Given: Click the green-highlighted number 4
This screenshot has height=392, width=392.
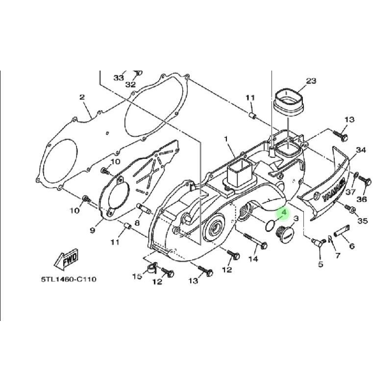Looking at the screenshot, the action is tap(284, 213).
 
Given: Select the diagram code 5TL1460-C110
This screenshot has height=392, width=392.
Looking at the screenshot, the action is tap(69, 279).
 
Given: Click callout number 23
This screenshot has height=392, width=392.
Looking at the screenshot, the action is tap(311, 80).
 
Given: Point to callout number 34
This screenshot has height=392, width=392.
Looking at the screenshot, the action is tap(361, 150).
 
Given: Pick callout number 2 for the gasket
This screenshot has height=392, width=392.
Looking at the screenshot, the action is tap(82, 97).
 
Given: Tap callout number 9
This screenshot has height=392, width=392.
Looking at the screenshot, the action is tap(93, 230).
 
